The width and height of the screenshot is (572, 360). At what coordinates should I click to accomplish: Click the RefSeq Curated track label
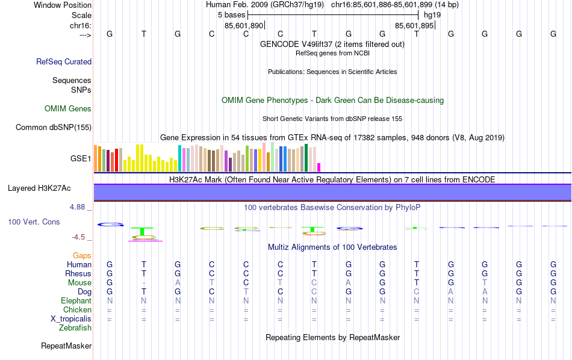pos(64,61)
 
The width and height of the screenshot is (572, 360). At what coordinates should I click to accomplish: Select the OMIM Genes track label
pos(68,109)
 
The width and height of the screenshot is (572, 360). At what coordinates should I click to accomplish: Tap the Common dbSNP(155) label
pos(54,127)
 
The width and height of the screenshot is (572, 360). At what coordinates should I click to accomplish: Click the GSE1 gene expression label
pos(81,159)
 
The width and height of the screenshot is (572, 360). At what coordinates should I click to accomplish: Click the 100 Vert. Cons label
pos(34,222)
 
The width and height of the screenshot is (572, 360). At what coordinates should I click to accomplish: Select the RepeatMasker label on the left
pos(66,346)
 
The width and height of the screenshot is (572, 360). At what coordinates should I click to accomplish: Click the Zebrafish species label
pos(75,328)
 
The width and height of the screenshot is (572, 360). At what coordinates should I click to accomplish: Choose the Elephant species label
pos(76,300)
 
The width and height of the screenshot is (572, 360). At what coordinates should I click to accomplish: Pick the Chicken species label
pos(77,309)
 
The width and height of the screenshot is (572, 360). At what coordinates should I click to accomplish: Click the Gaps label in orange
pos(82,256)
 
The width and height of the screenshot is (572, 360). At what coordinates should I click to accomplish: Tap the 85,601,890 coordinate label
pos(244,26)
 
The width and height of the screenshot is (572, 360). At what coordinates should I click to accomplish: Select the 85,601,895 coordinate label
pos(414,26)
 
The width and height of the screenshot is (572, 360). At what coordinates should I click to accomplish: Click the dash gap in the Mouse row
pos(143,283)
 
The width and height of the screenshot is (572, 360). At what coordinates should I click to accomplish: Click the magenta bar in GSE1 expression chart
pos(319,167)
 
